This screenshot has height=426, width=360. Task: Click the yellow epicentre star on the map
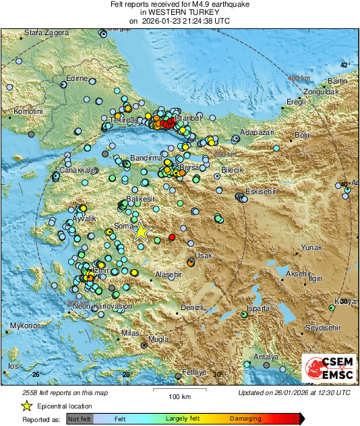[x=141, y=232]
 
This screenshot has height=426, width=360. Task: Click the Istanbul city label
[x=188, y=117]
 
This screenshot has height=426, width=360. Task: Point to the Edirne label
[x=77, y=79]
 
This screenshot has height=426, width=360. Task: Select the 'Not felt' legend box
[x=80, y=418]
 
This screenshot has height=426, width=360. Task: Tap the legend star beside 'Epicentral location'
[x=26, y=406]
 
